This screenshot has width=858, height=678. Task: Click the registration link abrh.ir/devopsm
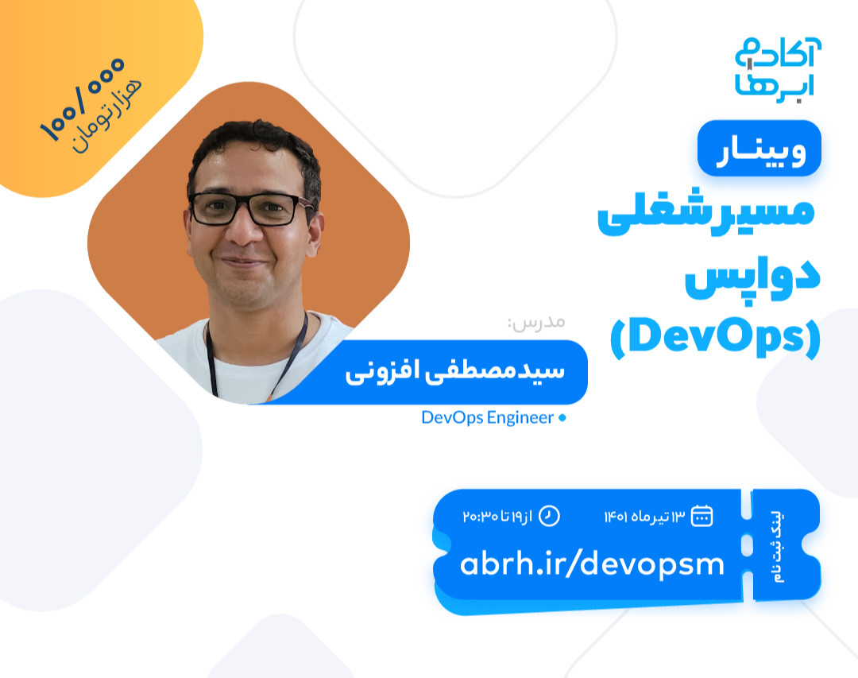(x=592, y=564)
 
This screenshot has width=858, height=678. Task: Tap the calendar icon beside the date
(x=701, y=516)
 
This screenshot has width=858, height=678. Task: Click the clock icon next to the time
(x=550, y=516)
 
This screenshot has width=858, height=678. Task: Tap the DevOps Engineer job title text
(x=487, y=418)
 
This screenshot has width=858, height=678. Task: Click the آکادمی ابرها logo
(x=778, y=68)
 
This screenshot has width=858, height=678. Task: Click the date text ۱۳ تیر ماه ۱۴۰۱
(x=643, y=517)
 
